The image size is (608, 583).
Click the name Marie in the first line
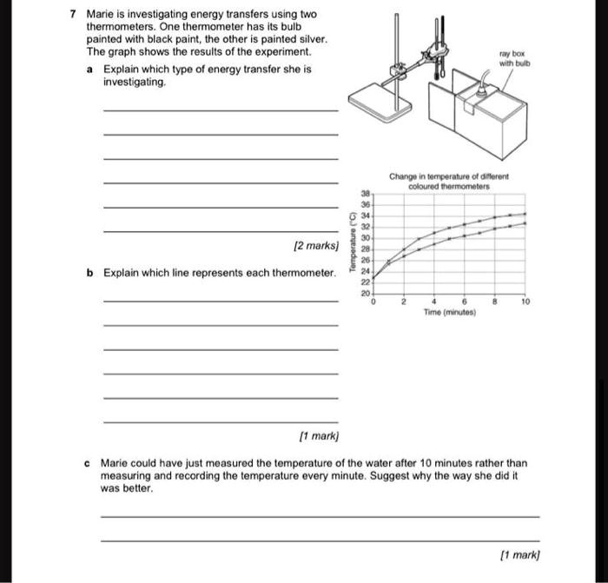pos(101,15)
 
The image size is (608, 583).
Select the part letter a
pos(90,68)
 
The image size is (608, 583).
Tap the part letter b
pos(90,273)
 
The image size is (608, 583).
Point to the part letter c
pos(89,463)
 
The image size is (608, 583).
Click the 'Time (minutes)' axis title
pos(450,310)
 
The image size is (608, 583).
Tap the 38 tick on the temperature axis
pos(366,194)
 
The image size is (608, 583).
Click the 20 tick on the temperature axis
pos(366,295)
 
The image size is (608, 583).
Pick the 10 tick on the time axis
pos(525,301)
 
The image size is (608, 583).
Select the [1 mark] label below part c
pos(519,553)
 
